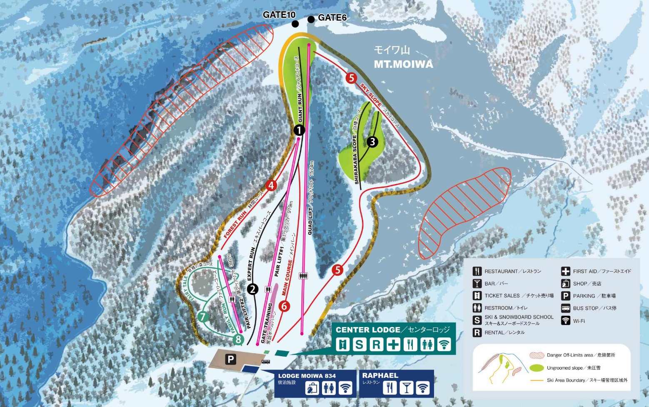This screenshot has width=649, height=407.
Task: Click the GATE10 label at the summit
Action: point(279,15)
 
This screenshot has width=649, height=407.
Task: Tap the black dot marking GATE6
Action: point(311,19)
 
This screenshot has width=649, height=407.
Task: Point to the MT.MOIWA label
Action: point(403,64)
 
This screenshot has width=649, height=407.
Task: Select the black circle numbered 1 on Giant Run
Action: point(299,130)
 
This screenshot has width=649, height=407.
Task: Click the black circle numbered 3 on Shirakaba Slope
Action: point(372,142)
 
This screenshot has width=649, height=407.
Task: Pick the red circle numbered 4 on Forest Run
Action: point(271,185)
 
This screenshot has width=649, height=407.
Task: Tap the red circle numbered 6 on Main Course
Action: point(284,306)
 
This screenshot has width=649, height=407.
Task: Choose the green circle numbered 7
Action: point(202,317)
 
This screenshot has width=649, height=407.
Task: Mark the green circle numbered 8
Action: point(238,339)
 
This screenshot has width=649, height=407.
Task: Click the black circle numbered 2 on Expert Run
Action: point(252,289)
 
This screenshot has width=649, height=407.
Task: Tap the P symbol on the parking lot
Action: point(230,359)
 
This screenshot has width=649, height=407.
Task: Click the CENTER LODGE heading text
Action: point(368,330)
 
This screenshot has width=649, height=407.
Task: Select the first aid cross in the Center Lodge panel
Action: point(393,345)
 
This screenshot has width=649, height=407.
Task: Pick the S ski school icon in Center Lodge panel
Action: point(359,345)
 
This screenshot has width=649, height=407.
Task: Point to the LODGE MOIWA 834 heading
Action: point(307,376)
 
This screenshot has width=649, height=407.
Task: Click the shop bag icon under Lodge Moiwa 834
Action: point(312,388)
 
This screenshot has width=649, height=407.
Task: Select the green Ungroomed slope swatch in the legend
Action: point(537,368)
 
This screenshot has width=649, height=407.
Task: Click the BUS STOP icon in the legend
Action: point(565,308)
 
